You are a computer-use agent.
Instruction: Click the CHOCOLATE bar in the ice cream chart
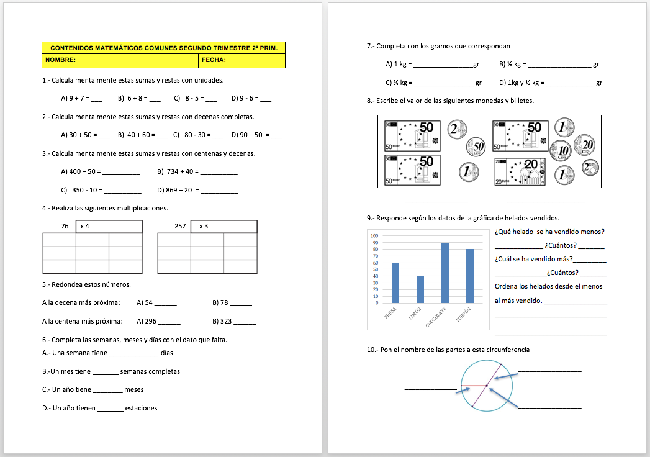click(x=445, y=273)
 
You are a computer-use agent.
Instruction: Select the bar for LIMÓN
click(x=420, y=289)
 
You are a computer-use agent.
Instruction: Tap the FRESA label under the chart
click(x=390, y=313)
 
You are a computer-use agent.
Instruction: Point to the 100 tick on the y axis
click(x=374, y=236)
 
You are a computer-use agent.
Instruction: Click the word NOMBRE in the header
click(x=60, y=61)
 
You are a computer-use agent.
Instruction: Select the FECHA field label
click(x=214, y=61)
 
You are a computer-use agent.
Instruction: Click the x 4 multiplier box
click(x=109, y=226)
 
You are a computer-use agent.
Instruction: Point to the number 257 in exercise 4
click(x=180, y=226)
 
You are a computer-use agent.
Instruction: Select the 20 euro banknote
click(x=519, y=171)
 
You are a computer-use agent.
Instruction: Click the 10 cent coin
click(x=564, y=150)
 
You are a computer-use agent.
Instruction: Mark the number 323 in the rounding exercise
click(x=225, y=322)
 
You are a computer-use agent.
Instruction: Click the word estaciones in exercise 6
click(x=141, y=408)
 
